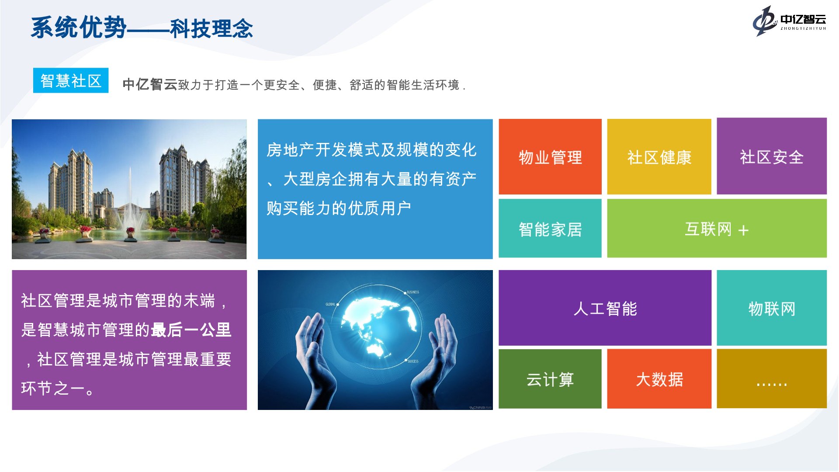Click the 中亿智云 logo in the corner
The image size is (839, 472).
[x=789, y=21]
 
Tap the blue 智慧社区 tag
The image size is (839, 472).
[x=71, y=80]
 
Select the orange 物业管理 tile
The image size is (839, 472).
[x=550, y=157]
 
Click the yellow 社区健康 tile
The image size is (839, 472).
[x=659, y=157]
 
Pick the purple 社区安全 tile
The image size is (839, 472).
[x=772, y=156]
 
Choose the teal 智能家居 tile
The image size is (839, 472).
[x=550, y=229]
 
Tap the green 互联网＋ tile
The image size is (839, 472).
[x=717, y=229]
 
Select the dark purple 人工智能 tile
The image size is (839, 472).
[x=605, y=308]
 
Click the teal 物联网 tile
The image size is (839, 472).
[x=772, y=308]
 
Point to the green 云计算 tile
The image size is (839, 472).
[x=550, y=379]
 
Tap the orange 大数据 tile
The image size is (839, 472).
[x=659, y=379]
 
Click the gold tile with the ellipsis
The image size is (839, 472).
[x=772, y=379]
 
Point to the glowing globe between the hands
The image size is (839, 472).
[x=378, y=326]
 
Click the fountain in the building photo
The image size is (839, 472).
[x=130, y=205]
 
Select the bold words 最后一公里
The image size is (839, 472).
[x=191, y=330]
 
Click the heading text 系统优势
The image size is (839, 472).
[x=79, y=28]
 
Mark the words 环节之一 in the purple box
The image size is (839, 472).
[x=53, y=388]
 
